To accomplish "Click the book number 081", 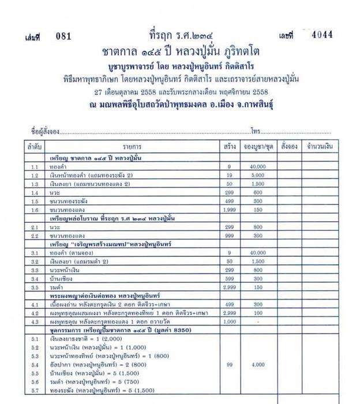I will point(63,36).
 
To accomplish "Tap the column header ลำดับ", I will point(34,147).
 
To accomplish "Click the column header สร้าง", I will point(230,147).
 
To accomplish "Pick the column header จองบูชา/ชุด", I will point(258,147).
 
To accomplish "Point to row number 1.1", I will point(34,167).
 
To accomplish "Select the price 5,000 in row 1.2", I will point(258,175).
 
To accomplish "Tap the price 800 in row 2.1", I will point(258,228).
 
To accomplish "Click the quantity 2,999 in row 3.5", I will point(230,287).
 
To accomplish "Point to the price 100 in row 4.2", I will point(258,313).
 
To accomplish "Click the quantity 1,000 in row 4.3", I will point(230,321).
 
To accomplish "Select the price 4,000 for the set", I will point(258,365).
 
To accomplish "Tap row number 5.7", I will point(34,391).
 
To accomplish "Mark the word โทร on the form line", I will point(256,131).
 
